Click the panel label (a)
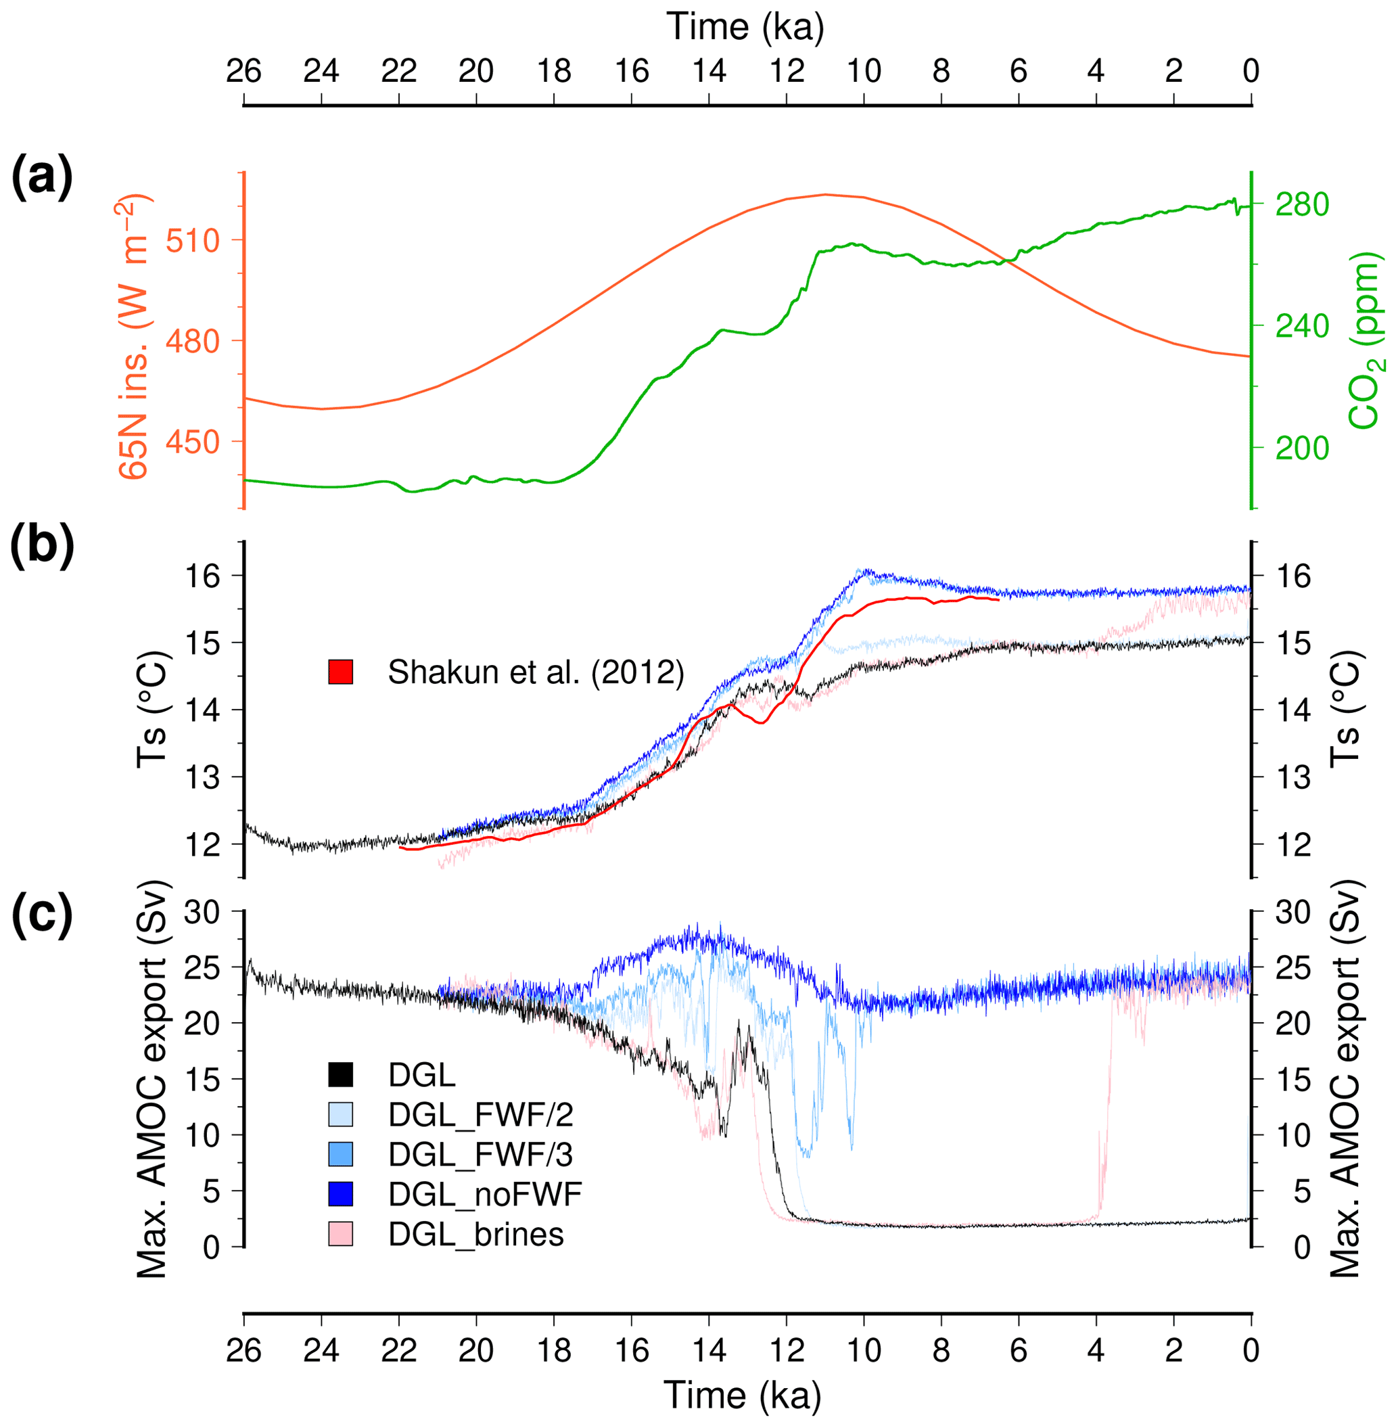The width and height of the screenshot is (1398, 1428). (42, 179)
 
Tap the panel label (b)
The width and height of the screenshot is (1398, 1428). (42, 547)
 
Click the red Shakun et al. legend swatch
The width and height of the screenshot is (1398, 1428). (341, 672)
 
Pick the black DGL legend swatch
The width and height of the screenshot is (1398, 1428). (341, 1075)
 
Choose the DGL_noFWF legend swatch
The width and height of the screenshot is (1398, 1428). (341, 1194)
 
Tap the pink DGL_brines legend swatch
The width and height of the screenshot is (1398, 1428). (341, 1233)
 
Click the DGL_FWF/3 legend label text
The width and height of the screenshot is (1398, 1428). (480, 1155)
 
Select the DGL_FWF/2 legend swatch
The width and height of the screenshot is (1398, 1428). (341, 1115)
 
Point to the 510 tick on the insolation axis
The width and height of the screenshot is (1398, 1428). (193, 240)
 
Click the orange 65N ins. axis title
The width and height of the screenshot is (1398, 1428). (134, 338)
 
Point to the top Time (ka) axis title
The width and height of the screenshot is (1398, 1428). (745, 28)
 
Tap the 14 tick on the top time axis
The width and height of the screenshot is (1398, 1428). (709, 71)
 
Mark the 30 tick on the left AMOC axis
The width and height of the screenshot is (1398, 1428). (202, 912)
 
